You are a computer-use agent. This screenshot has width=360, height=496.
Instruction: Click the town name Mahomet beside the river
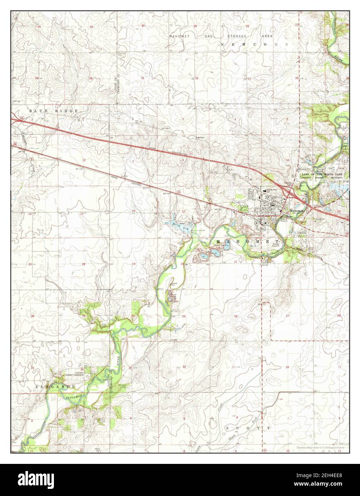(x=296, y=211)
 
